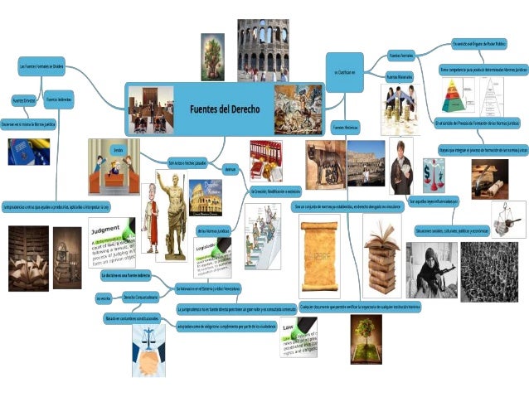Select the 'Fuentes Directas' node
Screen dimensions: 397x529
24,99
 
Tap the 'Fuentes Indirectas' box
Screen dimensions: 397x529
59,99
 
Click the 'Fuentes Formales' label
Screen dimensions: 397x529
400,56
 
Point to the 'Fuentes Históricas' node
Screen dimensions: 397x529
345,128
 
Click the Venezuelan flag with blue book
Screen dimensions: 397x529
22,153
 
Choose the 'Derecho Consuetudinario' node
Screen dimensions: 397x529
140,296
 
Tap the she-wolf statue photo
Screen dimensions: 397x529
323,163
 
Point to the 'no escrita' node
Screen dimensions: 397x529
103,297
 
